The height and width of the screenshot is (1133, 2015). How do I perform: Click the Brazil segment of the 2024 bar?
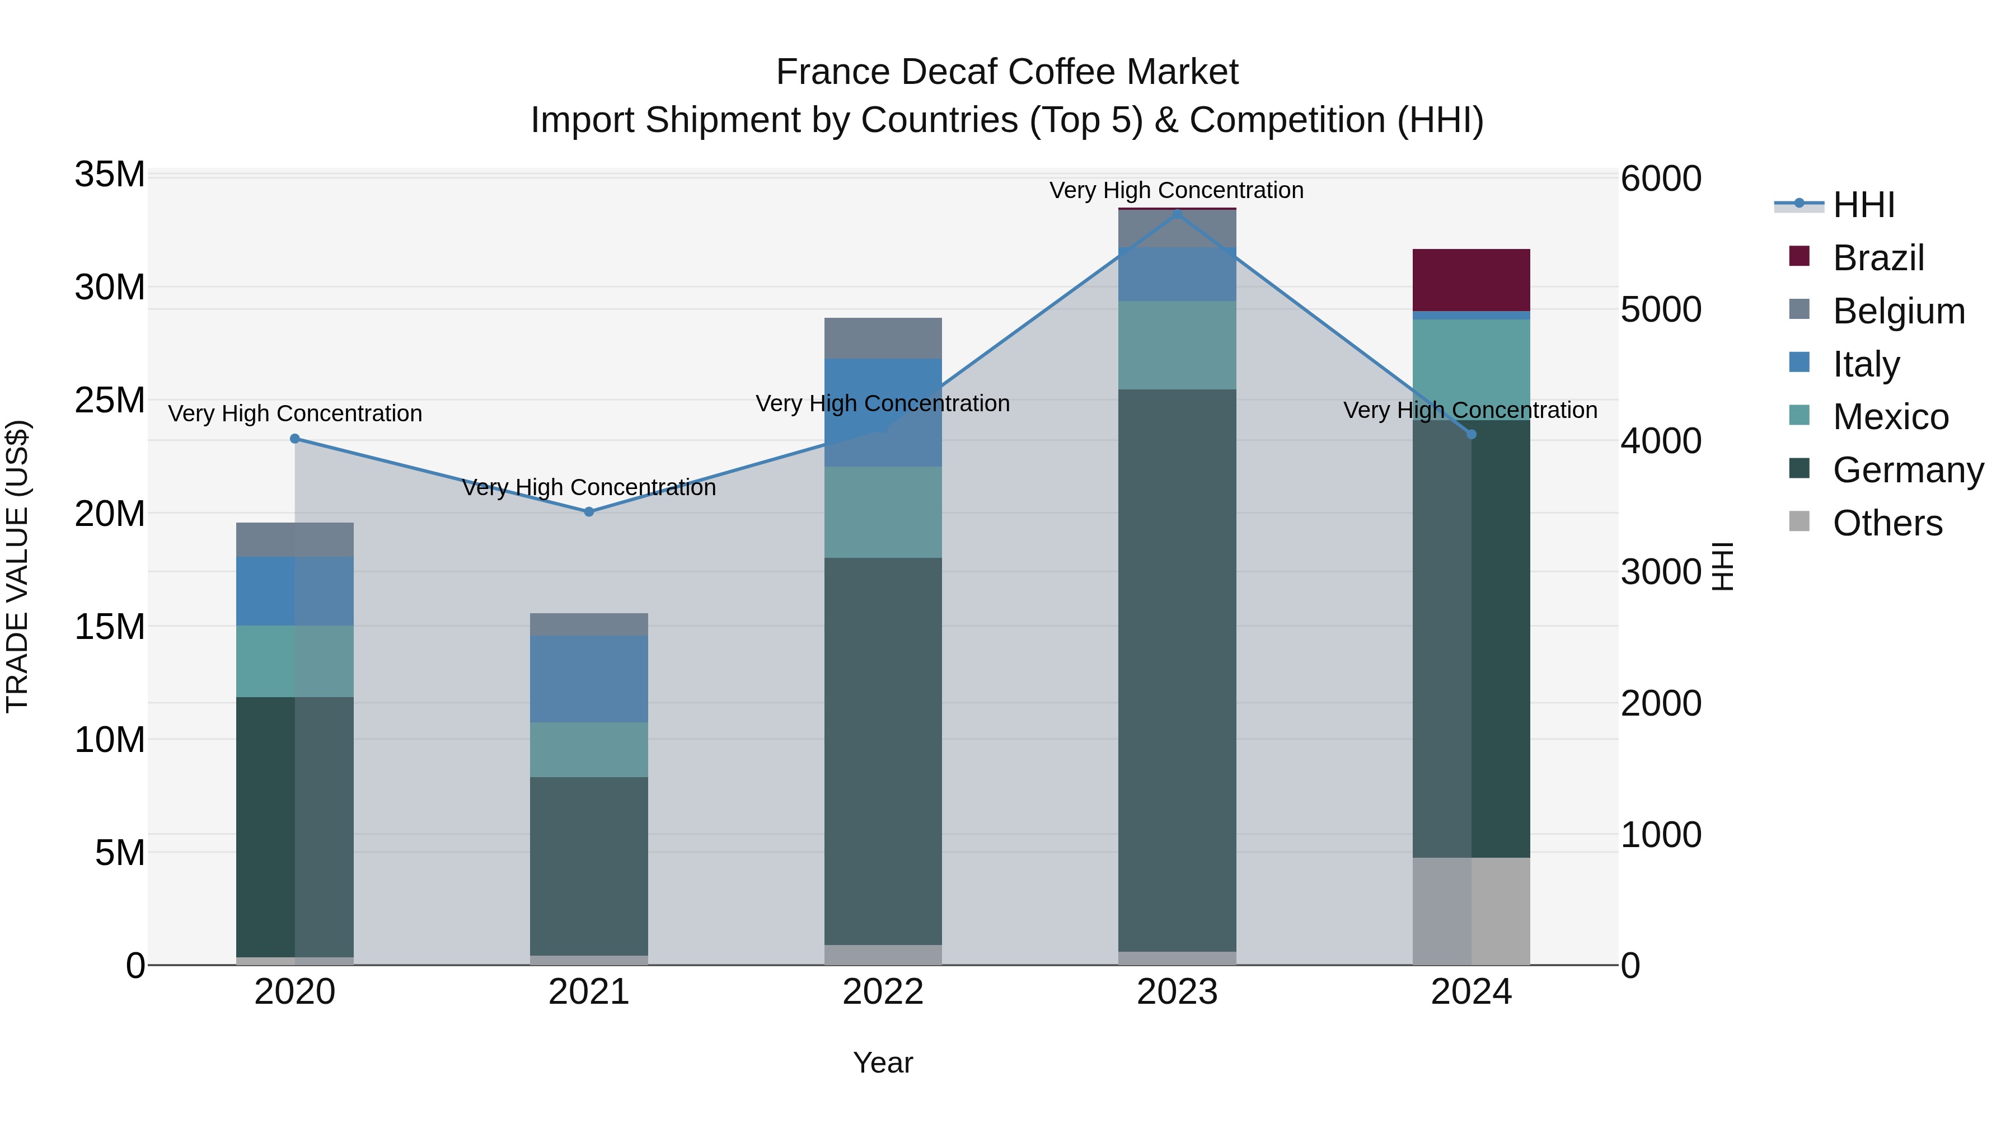pos(1470,280)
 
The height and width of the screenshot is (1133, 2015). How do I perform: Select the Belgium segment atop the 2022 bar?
pos(883,338)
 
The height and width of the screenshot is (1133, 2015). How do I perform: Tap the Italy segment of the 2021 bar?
pos(589,679)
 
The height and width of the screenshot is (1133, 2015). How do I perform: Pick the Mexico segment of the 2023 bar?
pos(1177,345)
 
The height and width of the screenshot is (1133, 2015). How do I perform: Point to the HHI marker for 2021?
pos(589,512)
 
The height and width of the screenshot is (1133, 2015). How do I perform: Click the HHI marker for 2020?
pos(295,439)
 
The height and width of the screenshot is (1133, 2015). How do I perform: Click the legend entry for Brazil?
pos(1877,258)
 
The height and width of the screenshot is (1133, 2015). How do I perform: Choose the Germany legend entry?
pos(1907,470)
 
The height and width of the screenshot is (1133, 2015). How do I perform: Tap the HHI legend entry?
pos(1862,205)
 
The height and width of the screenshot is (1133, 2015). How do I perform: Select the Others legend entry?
pos(1887,523)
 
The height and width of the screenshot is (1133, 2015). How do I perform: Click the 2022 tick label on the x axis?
pos(883,992)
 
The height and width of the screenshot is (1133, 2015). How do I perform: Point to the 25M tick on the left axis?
pos(110,401)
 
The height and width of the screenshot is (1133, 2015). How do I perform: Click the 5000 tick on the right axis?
pos(1661,309)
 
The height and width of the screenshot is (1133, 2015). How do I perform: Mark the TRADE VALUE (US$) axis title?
pos(17,566)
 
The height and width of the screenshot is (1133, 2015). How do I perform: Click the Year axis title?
pos(883,1063)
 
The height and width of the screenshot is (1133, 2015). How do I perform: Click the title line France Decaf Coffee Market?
pos(1007,72)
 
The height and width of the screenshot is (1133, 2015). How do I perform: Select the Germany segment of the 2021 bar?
pos(589,866)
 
